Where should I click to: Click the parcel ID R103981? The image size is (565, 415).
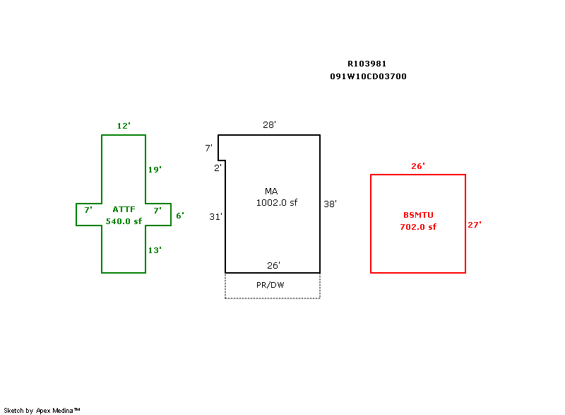click(367, 64)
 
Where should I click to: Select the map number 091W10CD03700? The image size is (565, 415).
click(368, 76)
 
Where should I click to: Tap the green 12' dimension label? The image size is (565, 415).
click(124, 126)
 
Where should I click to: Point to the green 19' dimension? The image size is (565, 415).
click(155, 170)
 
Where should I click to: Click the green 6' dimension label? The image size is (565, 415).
click(180, 216)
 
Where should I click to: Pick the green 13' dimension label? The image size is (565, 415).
click(155, 250)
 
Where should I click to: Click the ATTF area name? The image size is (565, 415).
click(124, 209)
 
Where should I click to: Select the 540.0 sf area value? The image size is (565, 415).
click(124, 221)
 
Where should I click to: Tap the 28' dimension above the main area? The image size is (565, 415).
click(269, 125)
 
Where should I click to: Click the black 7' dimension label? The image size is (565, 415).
click(208, 148)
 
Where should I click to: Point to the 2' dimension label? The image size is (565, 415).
click(218, 168)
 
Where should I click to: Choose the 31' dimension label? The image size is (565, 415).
click(215, 217)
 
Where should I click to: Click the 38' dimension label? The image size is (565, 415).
click(330, 204)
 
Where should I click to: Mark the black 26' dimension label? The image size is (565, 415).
click(273, 266)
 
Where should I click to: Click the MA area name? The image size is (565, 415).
click(271, 192)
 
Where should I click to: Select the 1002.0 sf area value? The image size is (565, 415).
click(277, 203)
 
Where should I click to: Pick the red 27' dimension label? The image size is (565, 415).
click(475, 225)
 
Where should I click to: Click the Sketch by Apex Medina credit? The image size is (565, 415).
click(42, 410)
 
